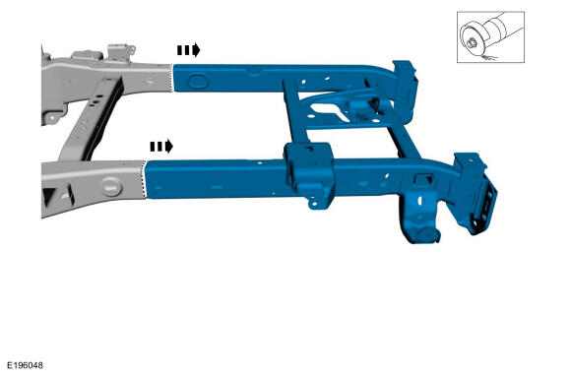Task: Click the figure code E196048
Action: pos(26,365)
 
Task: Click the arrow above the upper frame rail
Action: pos(189,50)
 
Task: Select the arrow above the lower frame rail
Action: pos(161,147)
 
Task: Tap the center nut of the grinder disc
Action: pos(471,43)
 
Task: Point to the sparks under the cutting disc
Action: pos(487,57)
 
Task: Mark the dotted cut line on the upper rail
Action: pos(172,78)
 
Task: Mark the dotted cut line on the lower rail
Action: pos(144,179)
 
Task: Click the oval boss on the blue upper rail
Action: pos(198,81)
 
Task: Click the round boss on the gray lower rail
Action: pos(111,186)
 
